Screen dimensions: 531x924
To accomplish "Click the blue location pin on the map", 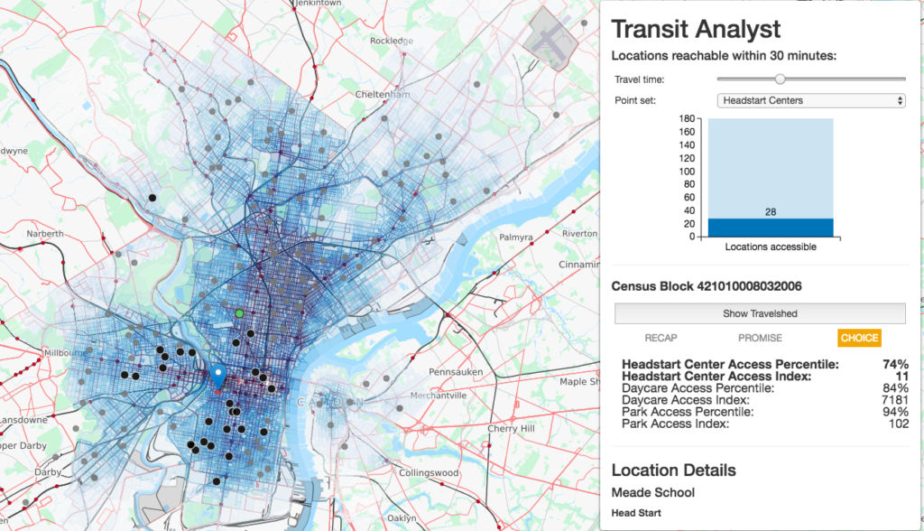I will [217, 375].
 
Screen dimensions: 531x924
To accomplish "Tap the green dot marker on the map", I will [239, 313].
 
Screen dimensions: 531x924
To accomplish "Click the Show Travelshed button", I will [760, 313].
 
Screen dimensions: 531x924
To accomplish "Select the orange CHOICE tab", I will [858, 338].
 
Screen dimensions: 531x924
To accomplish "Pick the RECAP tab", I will [661, 338].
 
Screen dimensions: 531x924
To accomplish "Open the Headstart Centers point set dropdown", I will [810, 100].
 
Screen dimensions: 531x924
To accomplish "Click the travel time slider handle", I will [780, 79].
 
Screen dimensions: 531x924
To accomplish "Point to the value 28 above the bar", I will [770, 211].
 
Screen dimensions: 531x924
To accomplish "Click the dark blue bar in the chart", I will [770, 228].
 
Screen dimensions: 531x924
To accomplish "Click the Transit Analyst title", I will [697, 29].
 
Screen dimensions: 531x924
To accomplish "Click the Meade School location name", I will [652, 493].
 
